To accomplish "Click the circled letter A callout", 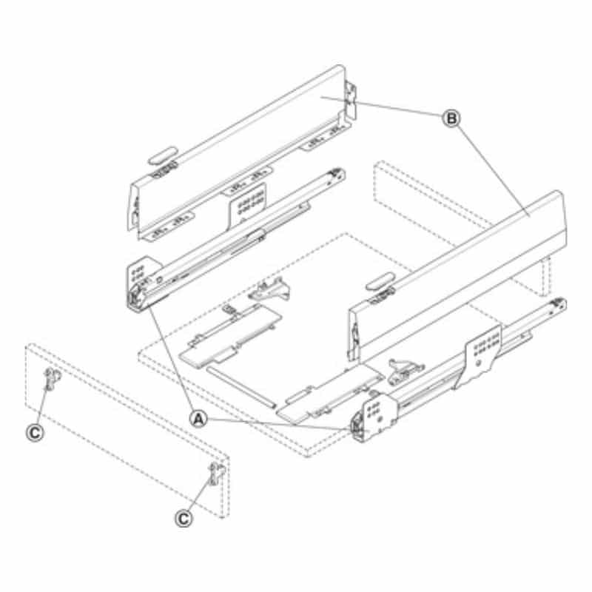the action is [199, 419].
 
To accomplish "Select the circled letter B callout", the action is [451, 118].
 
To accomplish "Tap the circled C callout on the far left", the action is [35, 433].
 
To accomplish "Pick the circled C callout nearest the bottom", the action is [184, 519].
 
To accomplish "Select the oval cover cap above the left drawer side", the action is [162, 155].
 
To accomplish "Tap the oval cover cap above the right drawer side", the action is [380, 281].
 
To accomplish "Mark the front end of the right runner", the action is [360, 428].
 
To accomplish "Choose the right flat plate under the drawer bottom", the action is [329, 393].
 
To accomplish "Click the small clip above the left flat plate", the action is [270, 289].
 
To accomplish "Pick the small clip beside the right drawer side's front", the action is [405, 371].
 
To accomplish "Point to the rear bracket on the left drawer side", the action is [351, 101].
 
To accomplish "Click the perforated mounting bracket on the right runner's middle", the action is [480, 355].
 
